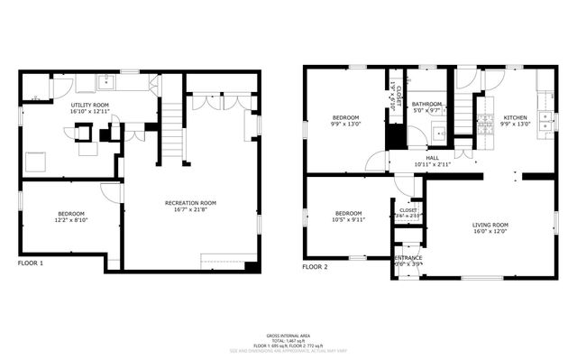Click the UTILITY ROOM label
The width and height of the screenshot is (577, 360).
[x=90, y=106]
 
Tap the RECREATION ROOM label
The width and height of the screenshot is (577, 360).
[x=190, y=203]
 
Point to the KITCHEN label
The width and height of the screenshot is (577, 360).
[x=515, y=118]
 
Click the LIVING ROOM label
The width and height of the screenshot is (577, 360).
[x=490, y=225]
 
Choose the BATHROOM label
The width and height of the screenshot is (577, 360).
[x=427, y=105]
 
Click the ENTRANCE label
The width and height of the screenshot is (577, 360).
[x=408, y=257]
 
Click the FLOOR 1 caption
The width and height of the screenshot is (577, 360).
[x=31, y=263]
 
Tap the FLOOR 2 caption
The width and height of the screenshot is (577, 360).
[x=315, y=267]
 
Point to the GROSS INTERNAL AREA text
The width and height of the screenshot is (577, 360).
[x=288, y=333]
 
